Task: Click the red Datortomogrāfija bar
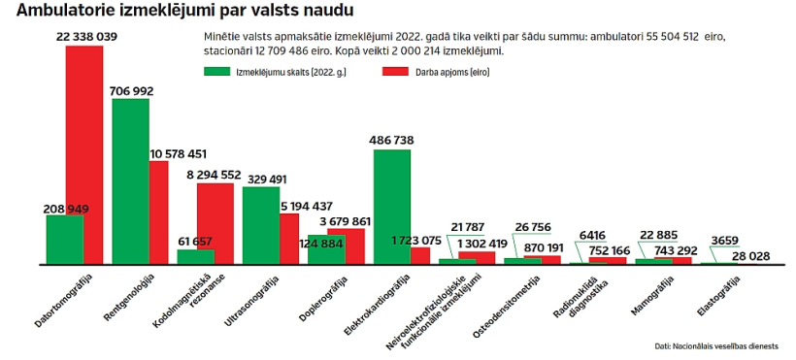[x=84, y=155]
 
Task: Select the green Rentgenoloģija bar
[x=130, y=181]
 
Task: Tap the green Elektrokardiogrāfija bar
[x=392, y=207]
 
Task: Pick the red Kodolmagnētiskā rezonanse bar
[x=216, y=224]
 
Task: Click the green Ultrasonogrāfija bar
[x=261, y=226]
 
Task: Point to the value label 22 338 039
[x=86, y=37]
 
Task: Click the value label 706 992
[x=131, y=91]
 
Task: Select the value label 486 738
[x=392, y=141]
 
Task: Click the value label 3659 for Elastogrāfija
[x=724, y=241]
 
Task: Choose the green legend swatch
[x=216, y=72]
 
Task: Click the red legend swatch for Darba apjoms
[x=394, y=72]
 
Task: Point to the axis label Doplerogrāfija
[x=324, y=300]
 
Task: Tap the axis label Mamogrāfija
[x=653, y=296]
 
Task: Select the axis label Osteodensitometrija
[x=507, y=308]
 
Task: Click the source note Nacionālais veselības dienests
[x=725, y=346]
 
